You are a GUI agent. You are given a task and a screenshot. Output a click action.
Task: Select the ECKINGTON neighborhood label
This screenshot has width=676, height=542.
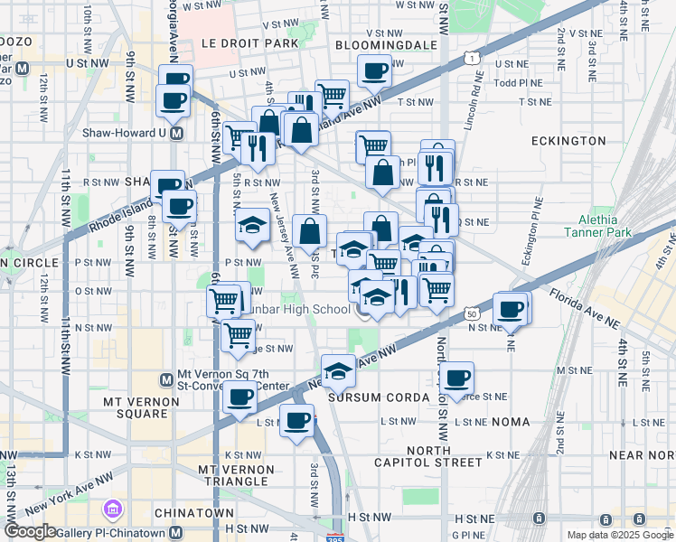tap(568, 141)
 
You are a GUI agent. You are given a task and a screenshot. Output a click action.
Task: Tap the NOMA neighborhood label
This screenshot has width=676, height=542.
tap(513, 422)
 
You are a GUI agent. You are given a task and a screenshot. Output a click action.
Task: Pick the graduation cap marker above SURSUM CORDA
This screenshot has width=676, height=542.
tap(338, 369)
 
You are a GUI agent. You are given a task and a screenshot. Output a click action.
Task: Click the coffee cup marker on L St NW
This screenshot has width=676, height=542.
tap(296, 419)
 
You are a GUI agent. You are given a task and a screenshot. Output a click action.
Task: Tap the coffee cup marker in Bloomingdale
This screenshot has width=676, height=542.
tap(374, 70)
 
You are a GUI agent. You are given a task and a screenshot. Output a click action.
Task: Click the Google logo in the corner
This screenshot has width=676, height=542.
tap(30, 531)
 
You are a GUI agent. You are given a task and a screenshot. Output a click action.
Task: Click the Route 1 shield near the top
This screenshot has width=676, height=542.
tap(471, 58)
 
